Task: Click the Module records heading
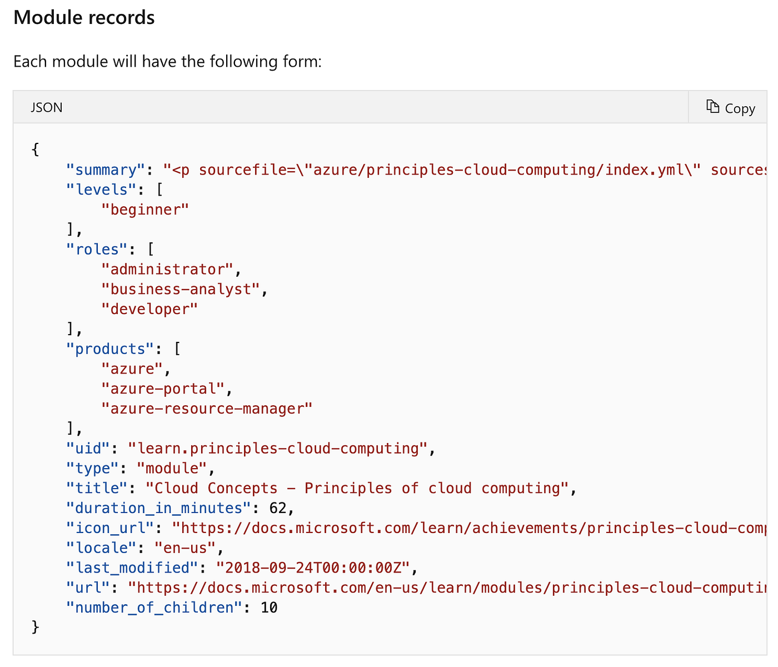click(84, 18)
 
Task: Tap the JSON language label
click(47, 107)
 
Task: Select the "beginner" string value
click(146, 210)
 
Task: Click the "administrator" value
click(167, 269)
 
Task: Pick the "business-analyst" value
click(181, 289)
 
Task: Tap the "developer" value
click(149, 309)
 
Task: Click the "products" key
click(110, 349)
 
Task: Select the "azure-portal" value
click(163, 389)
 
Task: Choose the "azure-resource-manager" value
click(207, 409)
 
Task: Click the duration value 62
click(278, 508)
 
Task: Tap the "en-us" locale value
click(185, 547)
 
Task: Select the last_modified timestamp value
click(313, 568)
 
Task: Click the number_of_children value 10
click(269, 608)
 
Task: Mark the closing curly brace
click(36, 627)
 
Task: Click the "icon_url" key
click(110, 528)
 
